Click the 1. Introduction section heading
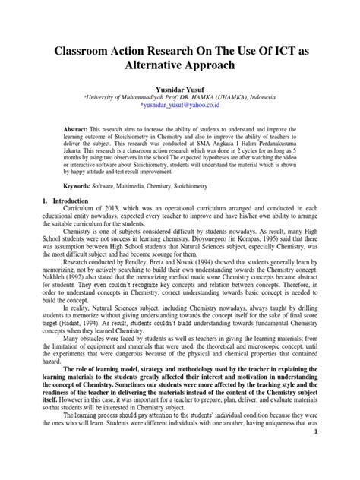pyautogui.click(x=65, y=201)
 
